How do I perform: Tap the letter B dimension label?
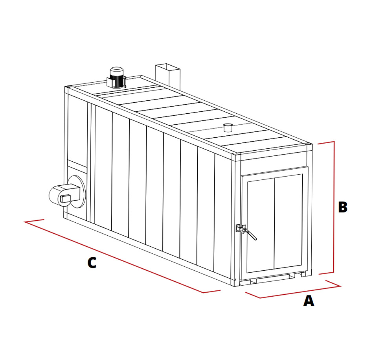[x=343, y=207]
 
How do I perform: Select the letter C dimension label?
[x=92, y=263]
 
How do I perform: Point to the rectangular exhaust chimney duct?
[x=168, y=76]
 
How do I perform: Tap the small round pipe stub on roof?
[x=228, y=128]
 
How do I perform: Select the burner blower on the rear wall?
[x=64, y=195]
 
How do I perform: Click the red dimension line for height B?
[x=334, y=207]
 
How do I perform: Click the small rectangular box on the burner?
[x=66, y=198]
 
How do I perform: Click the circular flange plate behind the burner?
[x=77, y=192]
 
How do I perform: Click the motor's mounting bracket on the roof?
[x=116, y=83]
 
